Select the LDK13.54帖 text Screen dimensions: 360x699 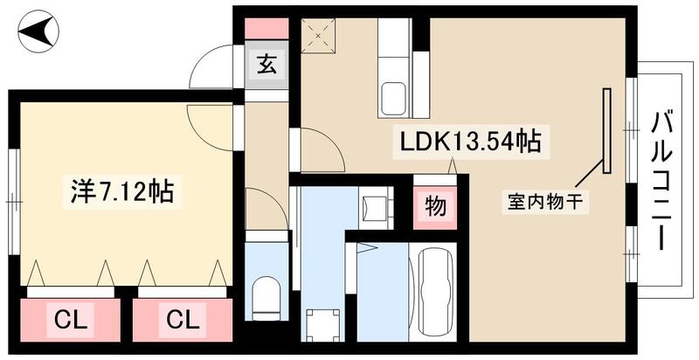click(470, 140)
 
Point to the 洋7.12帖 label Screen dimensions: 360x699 click(121, 191)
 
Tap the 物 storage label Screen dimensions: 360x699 click(433, 207)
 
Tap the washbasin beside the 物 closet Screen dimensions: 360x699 click(377, 208)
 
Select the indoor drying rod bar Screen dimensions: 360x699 click(604, 131)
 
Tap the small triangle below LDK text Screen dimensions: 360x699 click(453, 165)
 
